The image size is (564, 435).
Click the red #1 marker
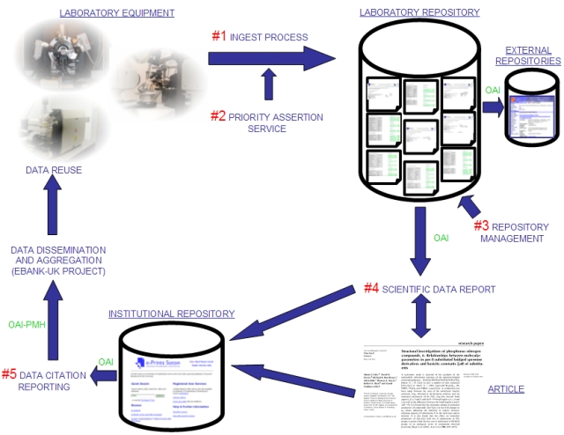click(219, 36)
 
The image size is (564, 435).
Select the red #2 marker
click(219, 115)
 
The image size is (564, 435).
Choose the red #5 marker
click(15, 372)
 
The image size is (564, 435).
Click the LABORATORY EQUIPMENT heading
click(116, 12)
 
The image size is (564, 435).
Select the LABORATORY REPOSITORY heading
click(419, 12)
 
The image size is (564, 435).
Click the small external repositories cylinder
click(534, 107)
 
